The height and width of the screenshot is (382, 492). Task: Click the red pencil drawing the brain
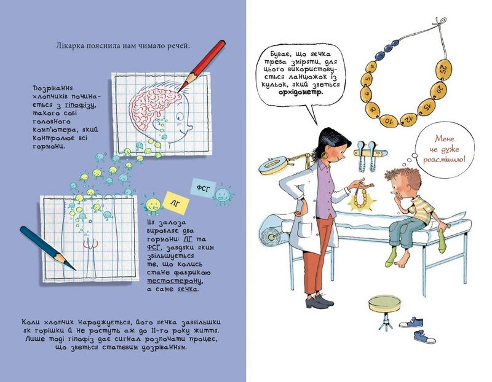click(202, 65)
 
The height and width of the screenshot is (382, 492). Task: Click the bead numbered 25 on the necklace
click(443, 69)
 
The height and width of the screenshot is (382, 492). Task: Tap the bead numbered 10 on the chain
click(389, 120)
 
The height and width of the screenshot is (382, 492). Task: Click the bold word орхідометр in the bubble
click(301, 93)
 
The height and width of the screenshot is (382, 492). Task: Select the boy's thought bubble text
click(445, 149)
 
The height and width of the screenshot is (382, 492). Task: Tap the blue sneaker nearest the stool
click(412, 322)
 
